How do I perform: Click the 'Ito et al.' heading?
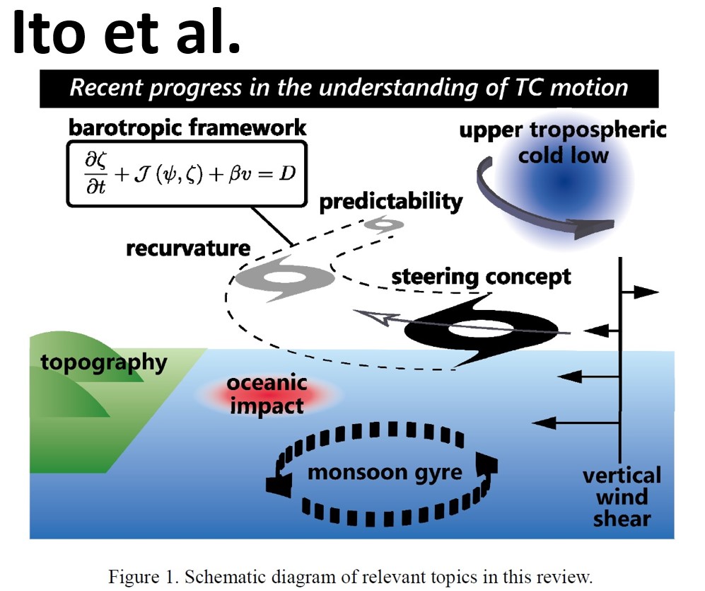(127, 33)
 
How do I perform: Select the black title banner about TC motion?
(349, 88)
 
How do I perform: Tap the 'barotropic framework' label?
(187, 128)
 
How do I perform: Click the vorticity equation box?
(187, 174)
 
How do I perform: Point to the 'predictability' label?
(391, 202)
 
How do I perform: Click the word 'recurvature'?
(188, 248)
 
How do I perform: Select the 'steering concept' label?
(481, 277)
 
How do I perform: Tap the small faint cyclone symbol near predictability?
(383, 224)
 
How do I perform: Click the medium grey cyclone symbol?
(285, 278)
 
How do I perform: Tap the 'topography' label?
(104, 362)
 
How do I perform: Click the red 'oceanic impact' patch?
(267, 394)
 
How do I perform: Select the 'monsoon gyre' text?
(385, 473)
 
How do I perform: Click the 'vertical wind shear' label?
(622, 498)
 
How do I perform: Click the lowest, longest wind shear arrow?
(576, 423)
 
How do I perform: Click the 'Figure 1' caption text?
(350, 577)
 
